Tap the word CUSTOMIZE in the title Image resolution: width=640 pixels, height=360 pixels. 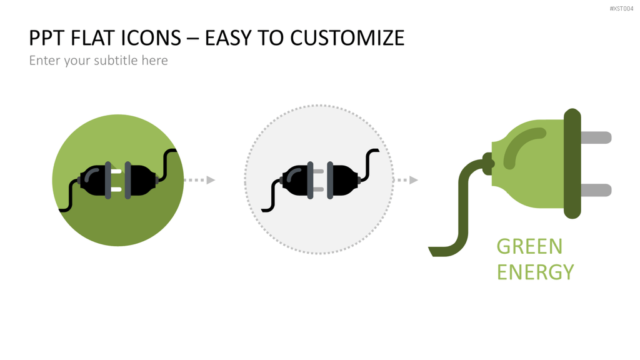click(347, 38)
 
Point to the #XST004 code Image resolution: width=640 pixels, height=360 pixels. click(621, 9)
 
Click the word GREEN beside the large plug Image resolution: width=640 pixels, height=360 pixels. click(529, 246)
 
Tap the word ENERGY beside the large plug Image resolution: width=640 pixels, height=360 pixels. click(535, 272)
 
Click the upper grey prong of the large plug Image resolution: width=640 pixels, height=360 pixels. click(596, 137)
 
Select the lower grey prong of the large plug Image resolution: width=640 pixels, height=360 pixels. click(596, 190)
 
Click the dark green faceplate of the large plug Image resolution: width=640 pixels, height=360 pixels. click(572, 164)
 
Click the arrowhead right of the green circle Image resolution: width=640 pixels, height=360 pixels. click(211, 180)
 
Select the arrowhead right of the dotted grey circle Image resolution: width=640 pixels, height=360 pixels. click(414, 180)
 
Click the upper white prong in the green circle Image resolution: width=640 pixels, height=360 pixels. click(116, 171)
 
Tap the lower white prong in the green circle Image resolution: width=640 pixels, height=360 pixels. click(116, 189)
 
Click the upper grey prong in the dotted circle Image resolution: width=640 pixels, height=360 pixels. click(318, 171)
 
